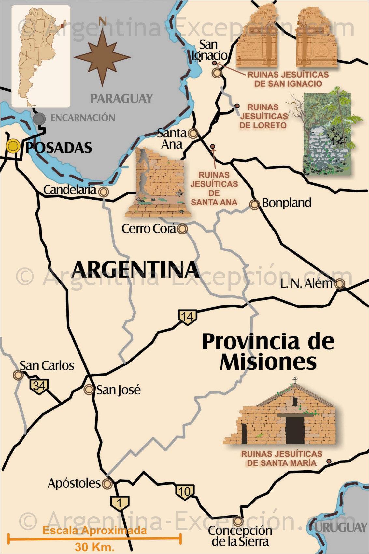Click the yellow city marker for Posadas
[13, 146]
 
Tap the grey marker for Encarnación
[40, 119]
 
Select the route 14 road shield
[187, 317]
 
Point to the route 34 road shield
[39, 386]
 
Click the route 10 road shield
[185, 491]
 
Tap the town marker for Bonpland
[254, 204]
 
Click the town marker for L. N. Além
[339, 284]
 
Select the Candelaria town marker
[104, 192]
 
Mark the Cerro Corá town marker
[183, 229]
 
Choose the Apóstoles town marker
[107, 484]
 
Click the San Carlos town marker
[18, 375]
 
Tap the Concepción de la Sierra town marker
[238, 521]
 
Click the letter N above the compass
[103, 21]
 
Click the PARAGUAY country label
[121, 98]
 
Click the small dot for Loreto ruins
[237, 106]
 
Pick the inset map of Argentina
[41, 56]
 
